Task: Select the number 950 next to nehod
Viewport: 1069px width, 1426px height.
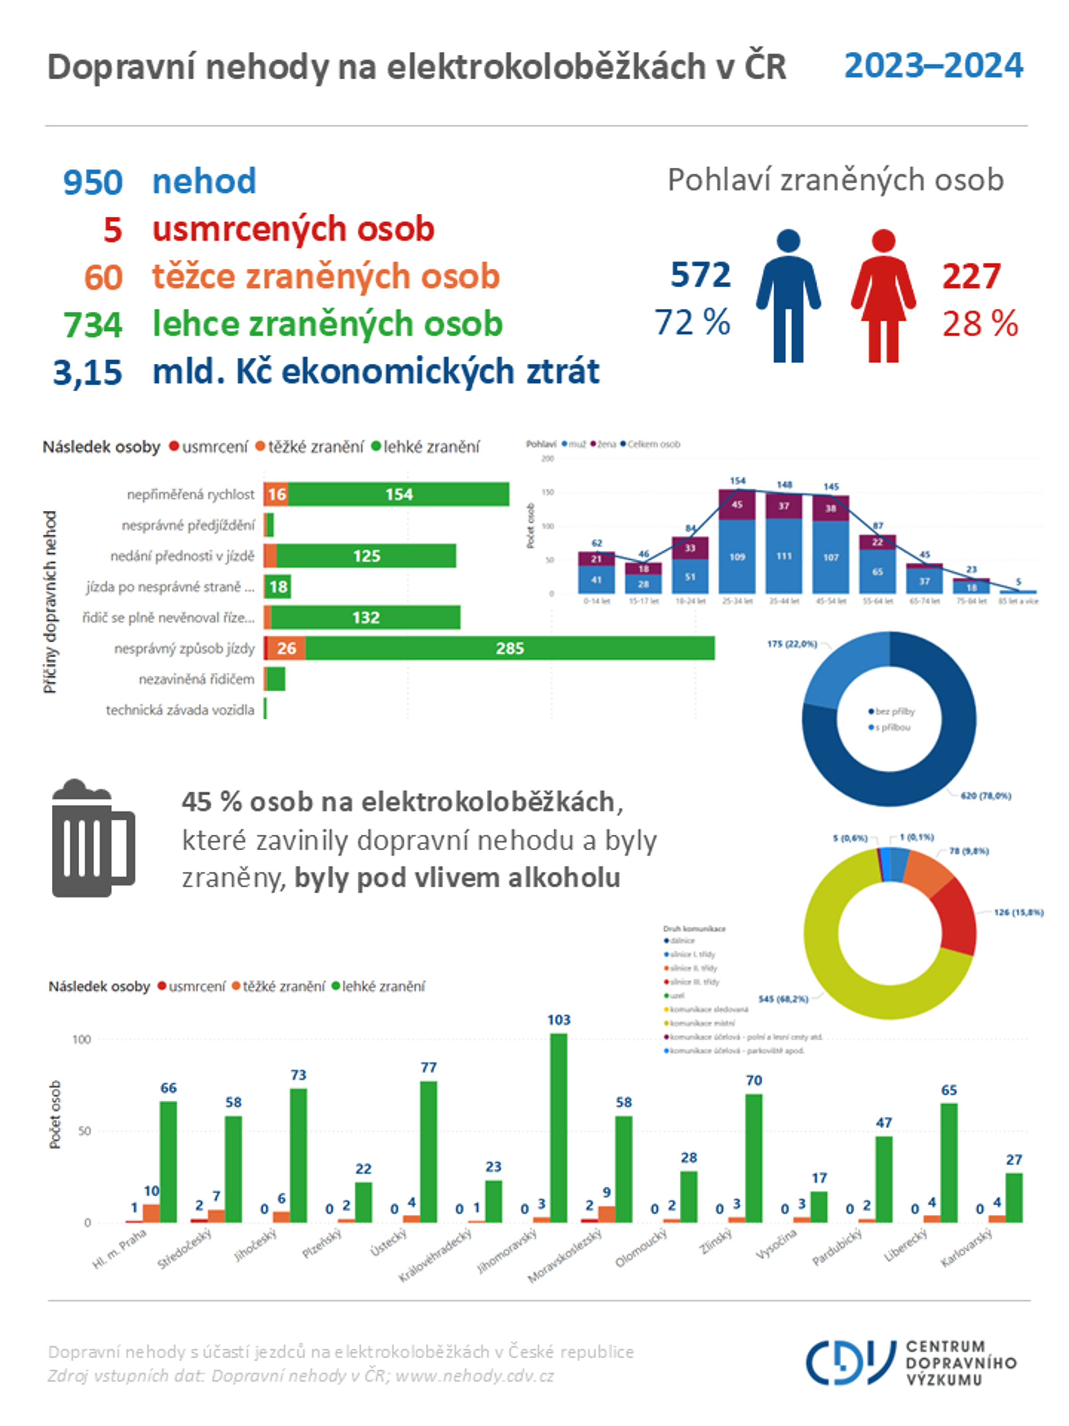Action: [x=93, y=182]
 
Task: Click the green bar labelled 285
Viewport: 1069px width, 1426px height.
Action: [x=509, y=648]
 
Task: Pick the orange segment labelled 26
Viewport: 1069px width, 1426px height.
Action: [x=286, y=648]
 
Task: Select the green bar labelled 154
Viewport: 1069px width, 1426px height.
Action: [x=398, y=495]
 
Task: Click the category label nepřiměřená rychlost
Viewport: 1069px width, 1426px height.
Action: [x=190, y=495]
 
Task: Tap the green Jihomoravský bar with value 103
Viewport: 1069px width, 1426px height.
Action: [x=558, y=1128]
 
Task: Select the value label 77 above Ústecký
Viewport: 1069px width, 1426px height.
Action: [x=428, y=1068]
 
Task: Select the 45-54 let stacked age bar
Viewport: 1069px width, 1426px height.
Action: [x=831, y=545]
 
